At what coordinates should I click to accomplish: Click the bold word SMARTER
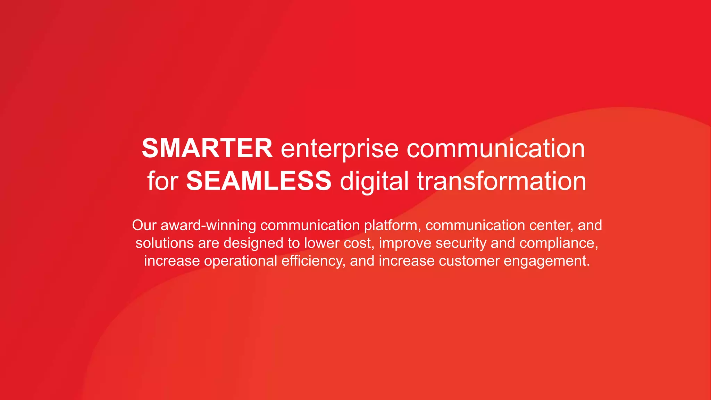point(207,148)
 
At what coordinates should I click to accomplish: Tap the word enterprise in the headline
point(339,149)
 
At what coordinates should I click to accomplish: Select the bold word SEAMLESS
point(259,181)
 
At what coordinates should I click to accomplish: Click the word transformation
point(501,181)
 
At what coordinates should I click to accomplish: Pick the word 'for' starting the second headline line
point(162,181)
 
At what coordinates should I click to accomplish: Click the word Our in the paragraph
point(144,225)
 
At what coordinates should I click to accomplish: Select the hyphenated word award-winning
point(208,225)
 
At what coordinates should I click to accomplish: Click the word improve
point(405,243)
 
